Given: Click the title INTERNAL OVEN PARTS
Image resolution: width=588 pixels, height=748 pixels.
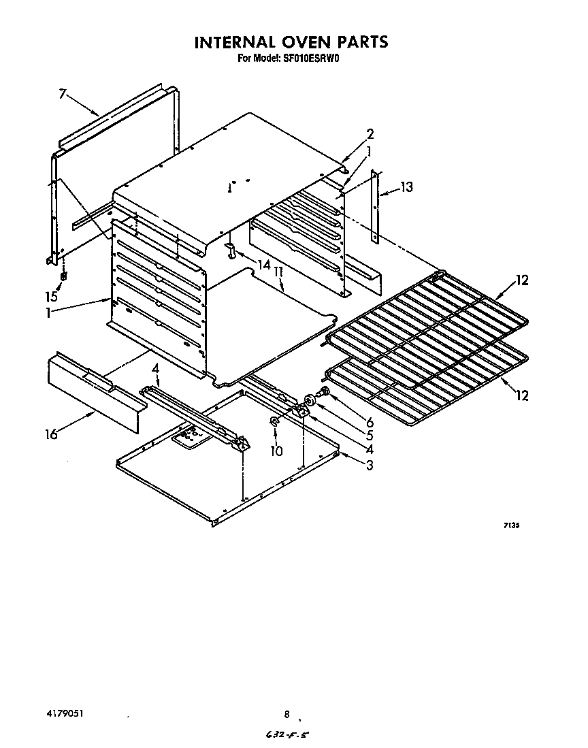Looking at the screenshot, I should [291, 42].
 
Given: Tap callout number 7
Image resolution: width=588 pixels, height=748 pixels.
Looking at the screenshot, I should [63, 95].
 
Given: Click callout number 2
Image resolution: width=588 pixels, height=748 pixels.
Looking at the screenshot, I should [370, 134].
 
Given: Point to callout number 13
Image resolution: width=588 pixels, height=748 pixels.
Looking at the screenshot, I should [406, 187].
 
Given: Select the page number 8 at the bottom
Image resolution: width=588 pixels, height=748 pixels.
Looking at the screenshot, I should [287, 715].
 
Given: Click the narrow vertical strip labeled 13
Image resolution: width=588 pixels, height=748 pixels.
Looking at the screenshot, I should [374, 208].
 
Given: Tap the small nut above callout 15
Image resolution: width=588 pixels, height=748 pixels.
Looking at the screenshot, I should [63, 276].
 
